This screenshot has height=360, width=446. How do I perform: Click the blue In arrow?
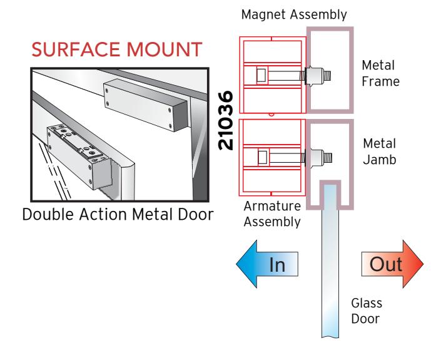(x=267, y=264)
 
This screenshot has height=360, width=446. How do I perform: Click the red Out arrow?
(x=393, y=264)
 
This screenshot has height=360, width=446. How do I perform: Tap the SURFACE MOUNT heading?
(x=117, y=49)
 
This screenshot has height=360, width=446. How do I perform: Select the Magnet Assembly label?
(x=294, y=15)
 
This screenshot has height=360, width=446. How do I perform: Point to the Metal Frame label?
(x=380, y=73)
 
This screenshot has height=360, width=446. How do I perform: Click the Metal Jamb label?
(x=380, y=152)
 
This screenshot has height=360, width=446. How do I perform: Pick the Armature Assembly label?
(x=272, y=214)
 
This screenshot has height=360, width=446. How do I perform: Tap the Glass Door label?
(x=367, y=311)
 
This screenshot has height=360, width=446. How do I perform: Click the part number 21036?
(x=226, y=120)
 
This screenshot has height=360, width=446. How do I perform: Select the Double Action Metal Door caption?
(x=118, y=214)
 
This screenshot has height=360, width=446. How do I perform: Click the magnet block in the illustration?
(x=146, y=106)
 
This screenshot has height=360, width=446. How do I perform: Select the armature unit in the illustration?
(x=79, y=157)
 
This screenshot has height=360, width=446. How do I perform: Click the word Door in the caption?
(x=196, y=214)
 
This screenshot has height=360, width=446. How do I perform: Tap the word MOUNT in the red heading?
(x=165, y=49)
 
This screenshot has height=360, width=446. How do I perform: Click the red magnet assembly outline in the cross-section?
(x=273, y=75)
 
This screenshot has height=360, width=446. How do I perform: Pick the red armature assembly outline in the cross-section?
(x=272, y=157)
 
